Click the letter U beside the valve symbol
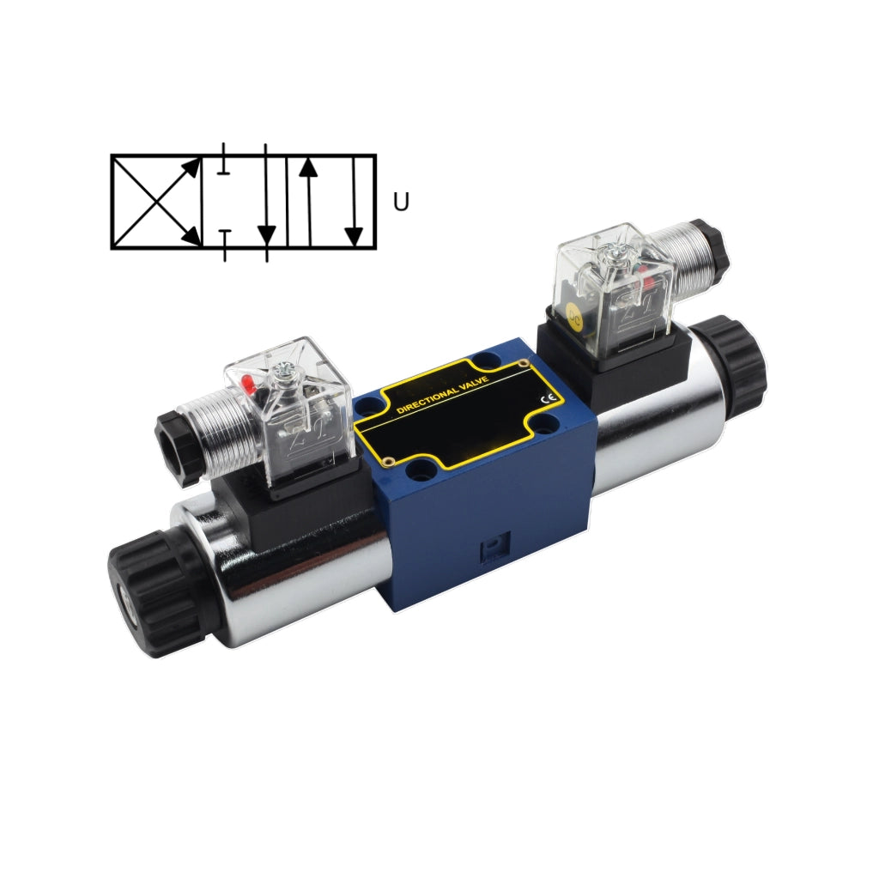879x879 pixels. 401,202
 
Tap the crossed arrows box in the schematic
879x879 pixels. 156,202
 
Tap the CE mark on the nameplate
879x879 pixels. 548,399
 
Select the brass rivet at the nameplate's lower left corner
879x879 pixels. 388,463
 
